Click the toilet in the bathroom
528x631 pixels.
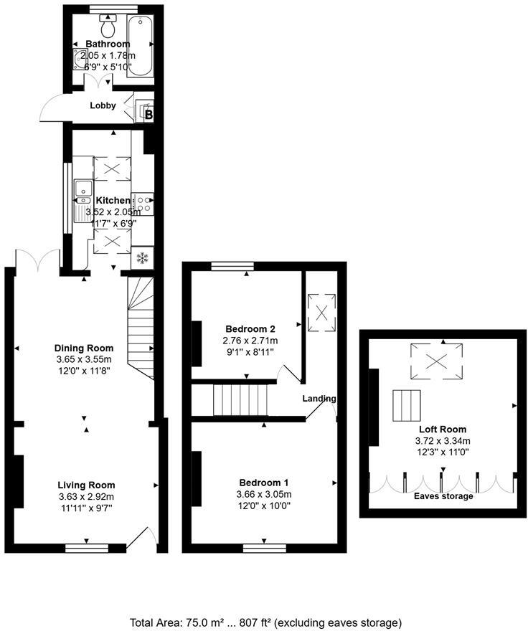(x=109, y=27)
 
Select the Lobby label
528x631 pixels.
(x=103, y=105)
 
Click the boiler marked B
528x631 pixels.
(x=148, y=114)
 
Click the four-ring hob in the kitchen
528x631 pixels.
(x=143, y=203)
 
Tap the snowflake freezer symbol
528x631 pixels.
(x=142, y=257)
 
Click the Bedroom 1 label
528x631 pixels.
(x=264, y=483)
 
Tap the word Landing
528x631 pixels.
(x=319, y=399)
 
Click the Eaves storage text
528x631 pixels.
(x=443, y=496)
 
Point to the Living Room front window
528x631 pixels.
(x=86, y=549)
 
